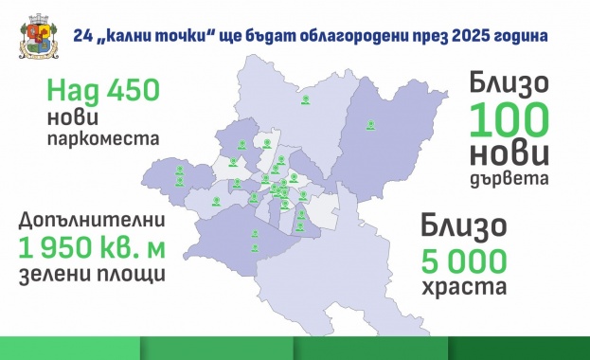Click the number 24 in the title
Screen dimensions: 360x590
pos(84,36)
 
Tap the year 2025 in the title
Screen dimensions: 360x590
pos(472,36)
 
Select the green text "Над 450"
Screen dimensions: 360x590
pos(91,94)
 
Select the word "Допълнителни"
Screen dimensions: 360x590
pos(92,221)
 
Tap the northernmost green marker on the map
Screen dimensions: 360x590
pos(304,99)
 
